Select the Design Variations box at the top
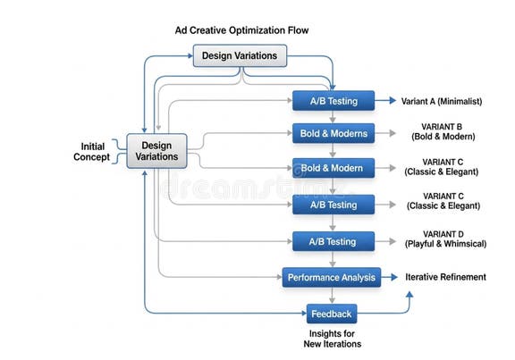[240, 55]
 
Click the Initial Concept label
[92, 151]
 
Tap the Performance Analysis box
[332, 278]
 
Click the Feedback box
[332, 314]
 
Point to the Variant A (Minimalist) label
[443, 101]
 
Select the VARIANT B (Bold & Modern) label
[443, 132]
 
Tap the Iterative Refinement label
[445, 277]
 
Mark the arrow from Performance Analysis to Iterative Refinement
[392, 278]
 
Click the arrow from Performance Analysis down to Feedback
[332, 296]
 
